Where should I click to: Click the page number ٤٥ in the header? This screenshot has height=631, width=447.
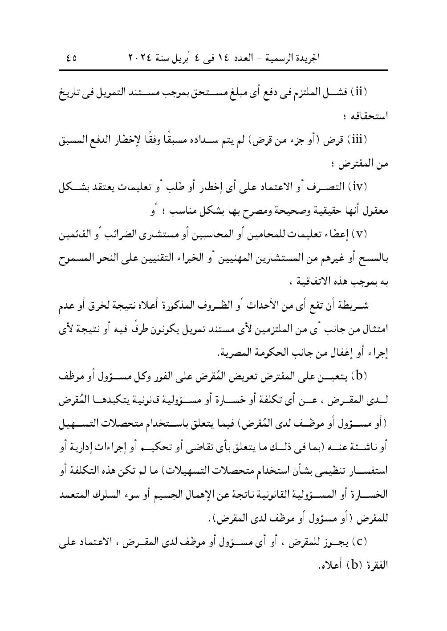[x=71, y=58]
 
